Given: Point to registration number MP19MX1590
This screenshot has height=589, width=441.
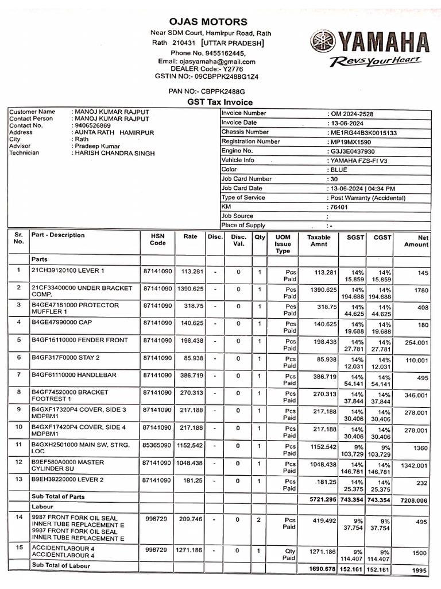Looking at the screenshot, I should [350, 141].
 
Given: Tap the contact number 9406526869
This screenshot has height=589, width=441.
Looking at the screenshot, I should [92, 125].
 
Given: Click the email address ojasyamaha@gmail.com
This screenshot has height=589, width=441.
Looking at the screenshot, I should [207, 62].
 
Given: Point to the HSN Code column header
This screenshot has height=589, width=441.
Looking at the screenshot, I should [158, 239].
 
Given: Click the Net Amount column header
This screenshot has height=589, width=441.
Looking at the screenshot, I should [416, 240].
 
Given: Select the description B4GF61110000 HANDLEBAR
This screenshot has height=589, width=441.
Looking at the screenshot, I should [74, 375].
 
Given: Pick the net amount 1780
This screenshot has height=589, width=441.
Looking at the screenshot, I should [421, 291].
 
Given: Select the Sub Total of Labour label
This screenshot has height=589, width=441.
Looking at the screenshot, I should [61, 565].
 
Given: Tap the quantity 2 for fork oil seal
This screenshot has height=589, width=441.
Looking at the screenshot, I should [260, 519].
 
